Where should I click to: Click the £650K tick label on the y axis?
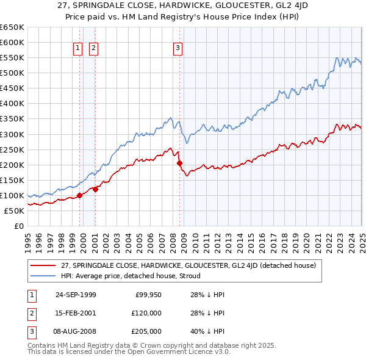(x=12, y=27)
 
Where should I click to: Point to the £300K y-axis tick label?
(x=12, y=134)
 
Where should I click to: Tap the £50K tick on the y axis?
(x=14, y=211)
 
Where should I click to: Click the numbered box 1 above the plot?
(x=79, y=48)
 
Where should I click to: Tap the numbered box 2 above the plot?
(x=94, y=48)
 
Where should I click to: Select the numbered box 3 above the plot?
(x=178, y=48)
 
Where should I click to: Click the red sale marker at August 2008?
(x=179, y=163)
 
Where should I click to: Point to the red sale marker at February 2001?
(x=96, y=189)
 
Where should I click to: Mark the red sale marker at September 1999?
(x=80, y=195)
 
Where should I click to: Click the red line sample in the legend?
(x=43, y=265)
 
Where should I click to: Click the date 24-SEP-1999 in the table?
(x=76, y=295)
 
